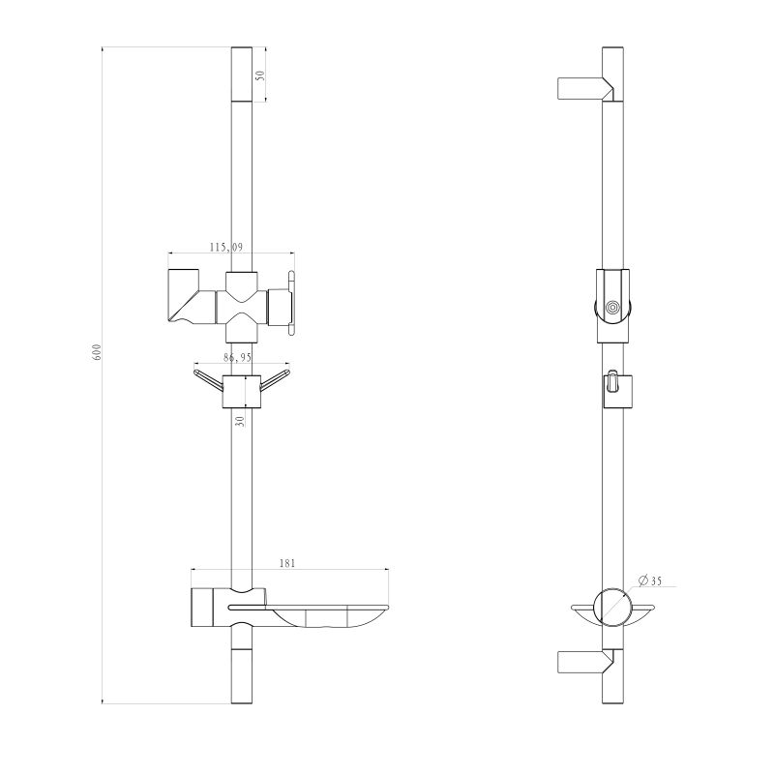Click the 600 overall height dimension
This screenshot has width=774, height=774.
pyautogui.click(x=97, y=352)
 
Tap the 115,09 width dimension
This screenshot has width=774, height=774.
pyautogui.click(x=230, y=248)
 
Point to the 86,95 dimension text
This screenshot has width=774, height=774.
pyautogui.click(x=231, y=357)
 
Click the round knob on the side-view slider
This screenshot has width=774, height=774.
pyautogui.click(x=611, y=308)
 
